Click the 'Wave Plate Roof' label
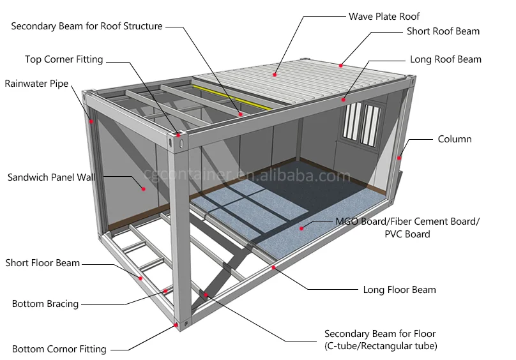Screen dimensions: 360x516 (x=384, y=16)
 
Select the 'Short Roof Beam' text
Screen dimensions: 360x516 (x=443, y=31)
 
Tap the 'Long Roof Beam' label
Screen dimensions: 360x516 (x=445, y=59)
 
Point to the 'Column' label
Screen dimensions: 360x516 (x=454, y=139)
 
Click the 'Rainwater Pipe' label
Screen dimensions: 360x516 (x=36, y=84)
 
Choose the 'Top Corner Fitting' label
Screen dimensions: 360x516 (x=64, y=59)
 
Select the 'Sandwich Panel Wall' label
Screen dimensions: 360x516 (x=50, y=177)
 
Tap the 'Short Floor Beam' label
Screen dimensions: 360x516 (x=43, y=262)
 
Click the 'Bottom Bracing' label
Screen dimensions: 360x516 (x=45, y=304)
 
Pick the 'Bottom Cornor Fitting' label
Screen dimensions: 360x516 (x=59, y=349)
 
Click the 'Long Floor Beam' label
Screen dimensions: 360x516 (x=399, y=290)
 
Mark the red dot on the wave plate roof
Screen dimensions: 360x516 (x=275, y=75)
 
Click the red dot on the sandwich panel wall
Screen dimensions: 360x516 (x=144, y=188)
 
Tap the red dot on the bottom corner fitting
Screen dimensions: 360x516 (x=176, y=325)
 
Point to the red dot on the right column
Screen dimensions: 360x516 (x=398, y=158)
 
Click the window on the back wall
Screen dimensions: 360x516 (x=361, y=123)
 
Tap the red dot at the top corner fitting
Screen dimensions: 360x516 (x=176, y=135)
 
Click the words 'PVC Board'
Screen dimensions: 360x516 (x=407, y=234)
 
